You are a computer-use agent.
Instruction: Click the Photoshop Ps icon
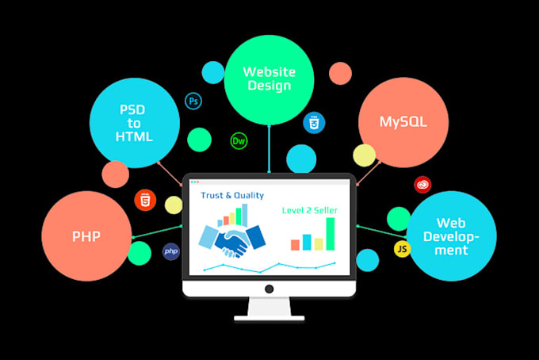(193, 101)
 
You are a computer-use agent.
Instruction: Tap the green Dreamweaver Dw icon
(239, 140)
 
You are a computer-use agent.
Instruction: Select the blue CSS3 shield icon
(314, 122)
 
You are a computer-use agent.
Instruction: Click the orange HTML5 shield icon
(145, 200)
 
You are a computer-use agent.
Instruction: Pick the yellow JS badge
(402, 249)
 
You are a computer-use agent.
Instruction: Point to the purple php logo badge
(171, 251)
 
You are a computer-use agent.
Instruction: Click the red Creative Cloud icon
(422, 185)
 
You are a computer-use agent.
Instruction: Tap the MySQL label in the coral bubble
(403, 122)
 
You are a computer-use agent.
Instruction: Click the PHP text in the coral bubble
(86, 236)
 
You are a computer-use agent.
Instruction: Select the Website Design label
(269, 79)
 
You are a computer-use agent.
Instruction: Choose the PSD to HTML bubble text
(134, 123)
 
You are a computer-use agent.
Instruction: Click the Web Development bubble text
(451, 236)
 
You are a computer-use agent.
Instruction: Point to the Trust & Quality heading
(232, 195)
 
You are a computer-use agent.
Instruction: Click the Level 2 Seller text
(310, 210)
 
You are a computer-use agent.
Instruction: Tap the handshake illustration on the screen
(232, 240)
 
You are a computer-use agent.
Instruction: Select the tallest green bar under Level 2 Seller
(331, 234)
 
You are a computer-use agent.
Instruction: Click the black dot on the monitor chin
(269, 289)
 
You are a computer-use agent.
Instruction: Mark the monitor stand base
(269, 318)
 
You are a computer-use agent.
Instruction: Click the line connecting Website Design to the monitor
(269, 149)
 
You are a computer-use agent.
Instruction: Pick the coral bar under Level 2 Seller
(296, 245)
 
